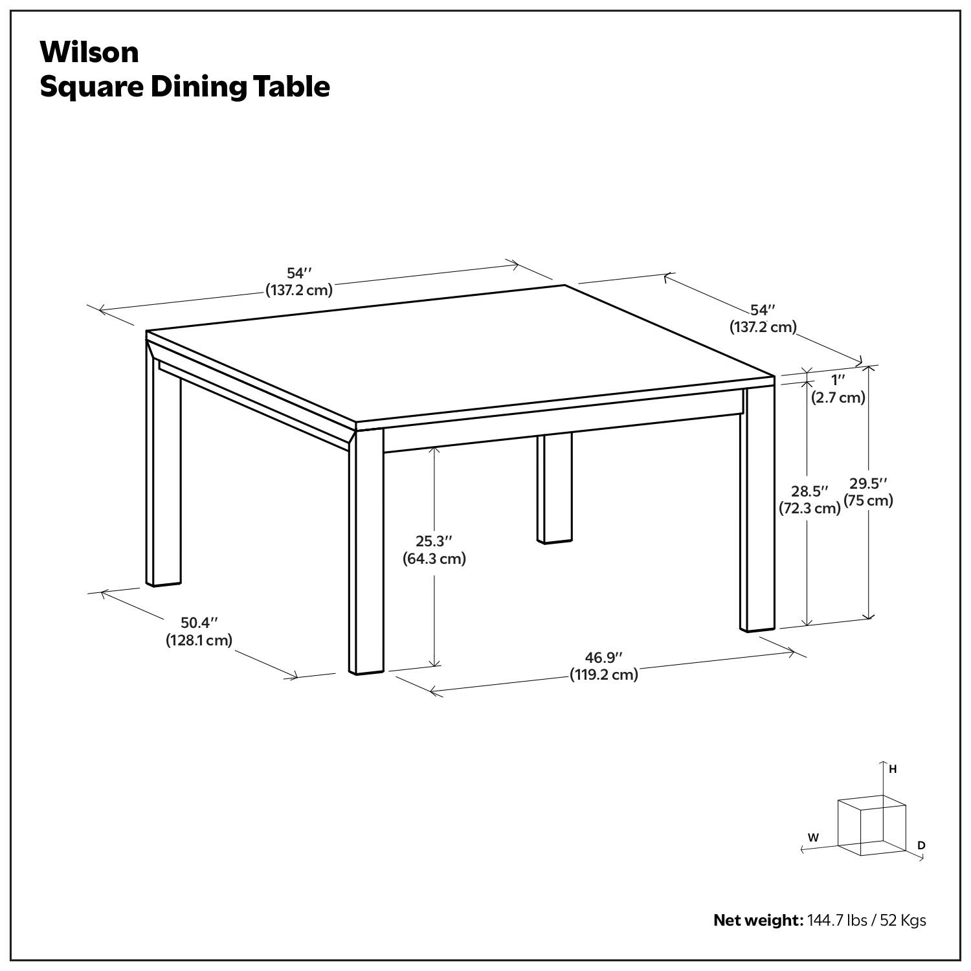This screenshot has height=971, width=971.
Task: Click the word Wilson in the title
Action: [89, 52]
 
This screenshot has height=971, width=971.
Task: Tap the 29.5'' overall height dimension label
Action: [868, 484]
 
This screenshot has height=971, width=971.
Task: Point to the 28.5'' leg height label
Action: [809, 491]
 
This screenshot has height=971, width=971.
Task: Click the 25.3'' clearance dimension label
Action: [434, 541]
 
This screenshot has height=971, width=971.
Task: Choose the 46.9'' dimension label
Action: [603, 658]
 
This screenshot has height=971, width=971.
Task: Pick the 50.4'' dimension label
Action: [199, 623]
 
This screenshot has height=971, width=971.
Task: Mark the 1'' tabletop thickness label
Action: [838, 380]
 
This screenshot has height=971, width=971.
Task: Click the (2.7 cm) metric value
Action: [838, 397]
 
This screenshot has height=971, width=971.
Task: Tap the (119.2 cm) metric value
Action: [603, 675]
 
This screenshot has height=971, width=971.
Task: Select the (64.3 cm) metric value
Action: [434, 559]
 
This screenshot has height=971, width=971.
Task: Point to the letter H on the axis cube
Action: [893, 770]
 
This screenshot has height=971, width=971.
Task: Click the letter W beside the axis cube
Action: [813, 838]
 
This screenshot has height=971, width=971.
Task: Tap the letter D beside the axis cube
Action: [921, 845]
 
